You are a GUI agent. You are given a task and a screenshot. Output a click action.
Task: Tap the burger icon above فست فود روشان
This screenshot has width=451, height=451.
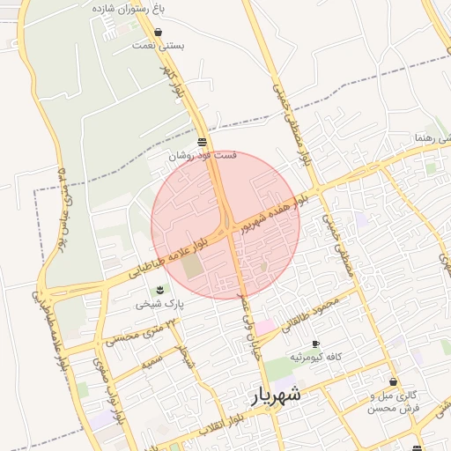203,142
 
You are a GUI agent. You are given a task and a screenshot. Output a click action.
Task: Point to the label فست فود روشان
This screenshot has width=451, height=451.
203,155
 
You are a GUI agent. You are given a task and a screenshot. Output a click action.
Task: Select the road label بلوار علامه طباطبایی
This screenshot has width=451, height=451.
168,258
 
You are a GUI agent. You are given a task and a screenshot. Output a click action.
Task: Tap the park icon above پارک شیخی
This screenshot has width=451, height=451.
159,290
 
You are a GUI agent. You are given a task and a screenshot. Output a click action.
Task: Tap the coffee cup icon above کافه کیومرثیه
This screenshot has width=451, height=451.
315,344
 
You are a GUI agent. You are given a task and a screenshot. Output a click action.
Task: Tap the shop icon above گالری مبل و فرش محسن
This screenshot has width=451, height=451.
393,382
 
